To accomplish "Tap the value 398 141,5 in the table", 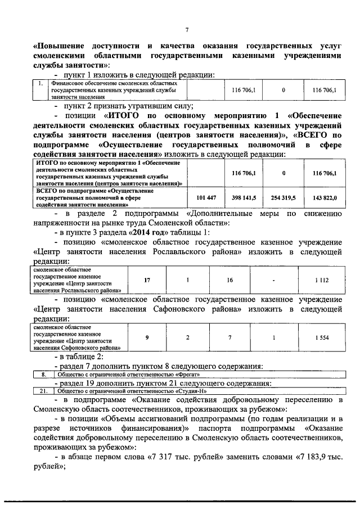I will [x=244, y=198].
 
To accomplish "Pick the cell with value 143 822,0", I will [x=325, y=198].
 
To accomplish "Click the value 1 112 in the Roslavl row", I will [x=321, y=280].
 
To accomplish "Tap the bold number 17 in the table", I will [x=147, y=280].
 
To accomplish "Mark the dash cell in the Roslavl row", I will [x=273, y=280].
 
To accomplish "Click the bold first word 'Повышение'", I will [x=62, y=46].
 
